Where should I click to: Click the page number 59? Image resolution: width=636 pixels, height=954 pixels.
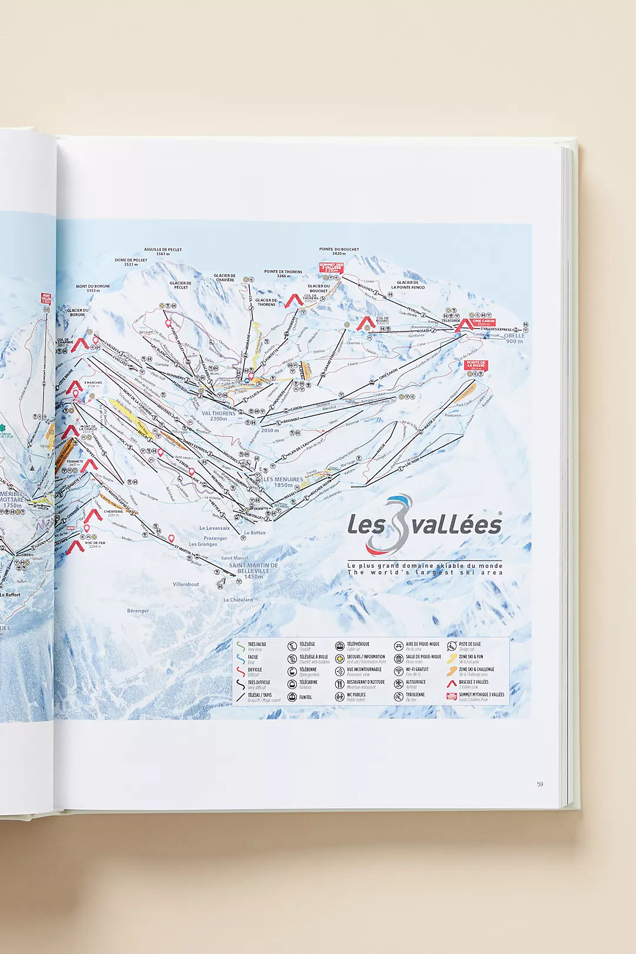[539, 784]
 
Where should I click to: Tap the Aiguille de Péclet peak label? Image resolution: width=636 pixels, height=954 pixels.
[163, 251]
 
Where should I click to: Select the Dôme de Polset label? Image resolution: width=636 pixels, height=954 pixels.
[131, 262]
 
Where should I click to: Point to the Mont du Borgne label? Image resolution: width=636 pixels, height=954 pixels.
[93, 288]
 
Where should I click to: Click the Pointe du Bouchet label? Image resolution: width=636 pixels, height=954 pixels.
[339, 251]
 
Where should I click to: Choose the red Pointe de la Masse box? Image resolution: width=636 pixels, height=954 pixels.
[476, 365]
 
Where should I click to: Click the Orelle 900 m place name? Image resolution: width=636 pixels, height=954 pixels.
[514, 338]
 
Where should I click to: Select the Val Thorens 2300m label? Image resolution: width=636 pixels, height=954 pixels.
[218, 416]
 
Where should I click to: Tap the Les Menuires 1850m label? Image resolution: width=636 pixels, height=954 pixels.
[283, 482]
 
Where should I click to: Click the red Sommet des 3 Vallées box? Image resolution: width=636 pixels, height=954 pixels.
[330, 267]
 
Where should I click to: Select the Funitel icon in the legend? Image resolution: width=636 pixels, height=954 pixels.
[292, 697]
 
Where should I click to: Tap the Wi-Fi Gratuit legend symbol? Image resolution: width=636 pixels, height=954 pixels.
[399, 671]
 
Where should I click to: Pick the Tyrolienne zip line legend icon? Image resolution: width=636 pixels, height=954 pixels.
[399, 697]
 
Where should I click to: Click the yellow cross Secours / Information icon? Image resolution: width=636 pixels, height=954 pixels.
[340, 658]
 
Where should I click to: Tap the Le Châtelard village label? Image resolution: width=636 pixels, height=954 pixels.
[238, 600]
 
